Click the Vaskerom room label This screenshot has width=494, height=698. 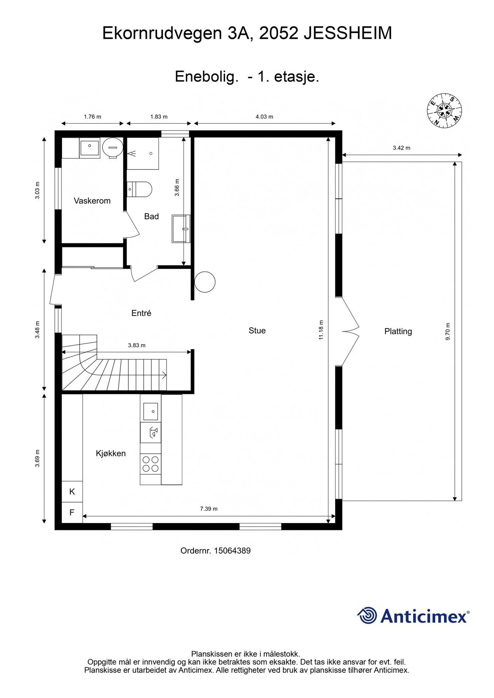click(92, 201)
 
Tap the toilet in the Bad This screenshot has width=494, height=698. click(140, 189)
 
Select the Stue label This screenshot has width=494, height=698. click(257, 330)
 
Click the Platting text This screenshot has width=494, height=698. click(398, 331)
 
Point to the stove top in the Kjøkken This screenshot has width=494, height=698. click(151, 464)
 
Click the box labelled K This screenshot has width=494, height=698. click(72, 492)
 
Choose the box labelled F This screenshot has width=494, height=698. click(72, 512)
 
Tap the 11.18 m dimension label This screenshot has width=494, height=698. click(321, 330)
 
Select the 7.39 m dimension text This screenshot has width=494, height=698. click(209, 509)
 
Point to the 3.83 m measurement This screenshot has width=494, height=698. click(137, 345)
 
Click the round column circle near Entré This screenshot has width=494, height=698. click(205, 282)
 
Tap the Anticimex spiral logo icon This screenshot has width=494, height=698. click(367, 616)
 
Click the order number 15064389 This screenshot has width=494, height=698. click(232, 551)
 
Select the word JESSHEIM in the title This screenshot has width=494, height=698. click(347, 33)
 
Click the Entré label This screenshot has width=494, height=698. click(141, 313)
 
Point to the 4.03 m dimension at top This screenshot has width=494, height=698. click(264, 116)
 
